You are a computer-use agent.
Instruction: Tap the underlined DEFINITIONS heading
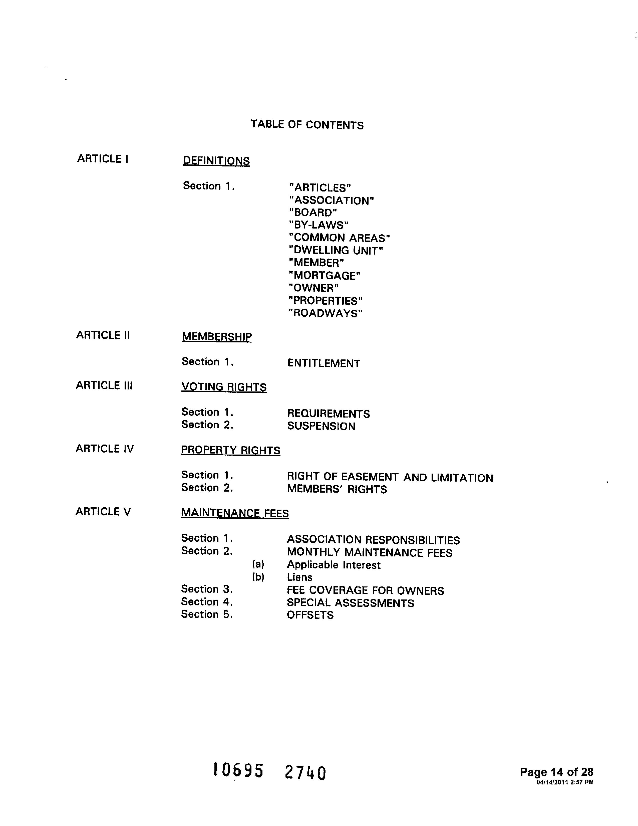(x=216, y=161)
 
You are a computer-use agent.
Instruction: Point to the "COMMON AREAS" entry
(x=339, y=238)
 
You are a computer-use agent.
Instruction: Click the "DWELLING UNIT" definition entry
(x=336, y=250)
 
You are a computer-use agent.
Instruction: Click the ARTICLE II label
(x=103, y=335)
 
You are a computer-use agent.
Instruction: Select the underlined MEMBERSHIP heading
(x=217, y=337)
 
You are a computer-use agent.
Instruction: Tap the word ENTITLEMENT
(x=324, y=363)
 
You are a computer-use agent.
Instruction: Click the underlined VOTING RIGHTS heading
(x=224, y=387)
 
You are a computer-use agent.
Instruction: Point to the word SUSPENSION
(x=321, y=426)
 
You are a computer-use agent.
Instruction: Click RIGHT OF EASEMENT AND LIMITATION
(x=390, y=478)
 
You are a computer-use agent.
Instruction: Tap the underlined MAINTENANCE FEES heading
(x=235, y=513)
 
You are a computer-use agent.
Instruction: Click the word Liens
(x=299, y=577)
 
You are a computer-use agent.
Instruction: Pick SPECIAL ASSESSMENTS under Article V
(x=350, y=603)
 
